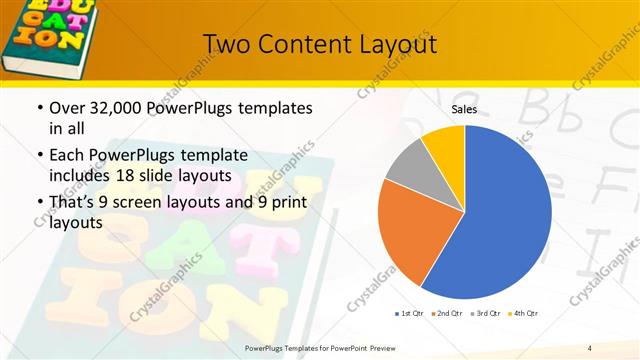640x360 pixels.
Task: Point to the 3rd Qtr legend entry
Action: pyautogui.click(x=486, y=314)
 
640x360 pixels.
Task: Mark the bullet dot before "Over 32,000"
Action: pyautogui.click(x=38, y=108)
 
